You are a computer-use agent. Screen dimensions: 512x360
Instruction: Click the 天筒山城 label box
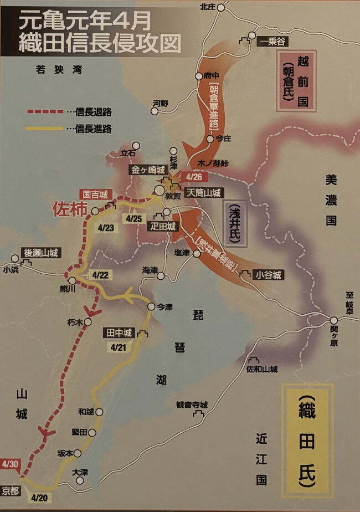tap(204, 192)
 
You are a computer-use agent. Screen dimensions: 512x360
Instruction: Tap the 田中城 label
tap(119, 332)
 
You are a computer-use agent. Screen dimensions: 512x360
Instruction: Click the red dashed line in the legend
tap(45, 112)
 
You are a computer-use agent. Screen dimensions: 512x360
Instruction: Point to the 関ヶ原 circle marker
tap(333, 320)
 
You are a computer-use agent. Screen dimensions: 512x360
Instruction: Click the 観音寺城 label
tap(192, 405)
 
